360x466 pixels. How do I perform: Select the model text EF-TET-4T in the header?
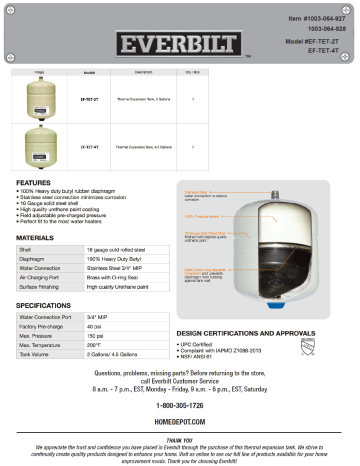(x=327, y=49)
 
